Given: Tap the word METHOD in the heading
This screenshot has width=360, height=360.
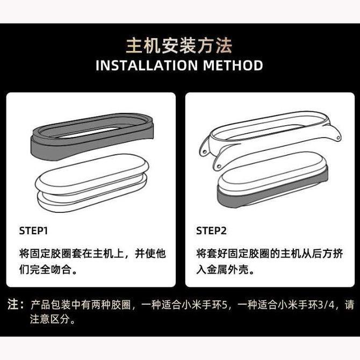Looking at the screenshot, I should pos(233,66).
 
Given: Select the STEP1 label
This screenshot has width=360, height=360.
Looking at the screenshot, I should pos(34,231).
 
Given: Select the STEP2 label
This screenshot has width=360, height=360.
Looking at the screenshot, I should pos(211,231).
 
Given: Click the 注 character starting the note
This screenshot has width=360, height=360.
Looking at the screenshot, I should pos(13,305).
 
